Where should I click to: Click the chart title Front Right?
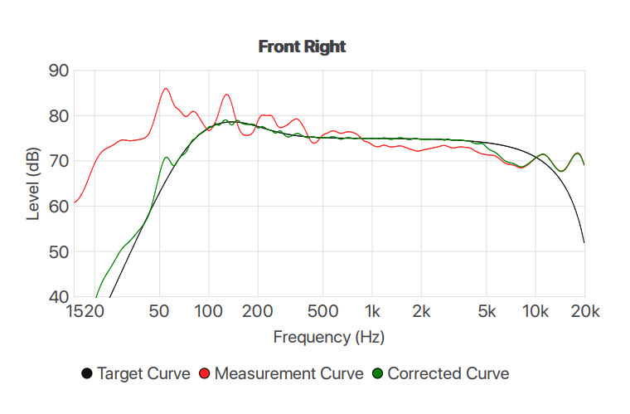tap(302, 46)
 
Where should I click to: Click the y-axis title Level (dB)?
tap(34, 184)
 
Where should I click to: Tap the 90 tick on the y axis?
tap(58, 71)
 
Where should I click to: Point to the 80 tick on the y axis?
tap(58, 116)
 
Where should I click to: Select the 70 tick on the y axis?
tap(58, 161)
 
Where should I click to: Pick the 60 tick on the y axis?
tap(58, 207)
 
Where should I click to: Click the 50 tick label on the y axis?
tap(58, 251)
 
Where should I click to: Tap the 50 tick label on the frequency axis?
tap(160, 311)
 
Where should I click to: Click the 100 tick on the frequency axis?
tap(209, 311)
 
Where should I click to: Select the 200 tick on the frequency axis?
tap(258, 311)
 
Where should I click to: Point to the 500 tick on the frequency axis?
tap(322, 311)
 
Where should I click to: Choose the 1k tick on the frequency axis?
tap(372, 311)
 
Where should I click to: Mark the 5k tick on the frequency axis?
tap(487, 311)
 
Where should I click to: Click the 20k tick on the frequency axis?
tap(584, 311)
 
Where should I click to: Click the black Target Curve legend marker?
tap(87, 373)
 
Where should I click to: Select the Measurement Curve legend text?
tap(288, 373)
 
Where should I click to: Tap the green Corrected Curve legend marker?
tap(377, 373)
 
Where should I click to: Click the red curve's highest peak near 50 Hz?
tap(166, 89)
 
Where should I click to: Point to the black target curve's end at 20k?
tap(584, 242)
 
